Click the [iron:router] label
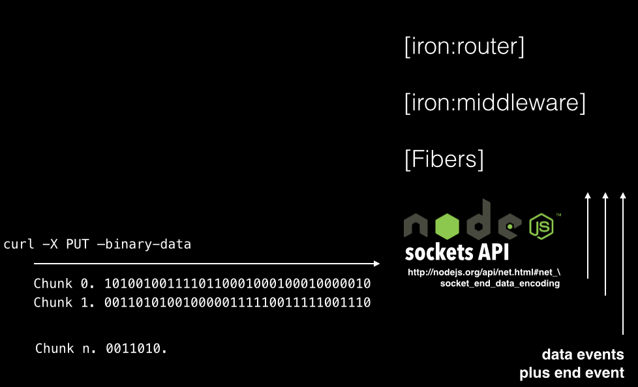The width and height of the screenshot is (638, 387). click(464, 48)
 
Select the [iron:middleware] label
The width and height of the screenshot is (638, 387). click(494, 103)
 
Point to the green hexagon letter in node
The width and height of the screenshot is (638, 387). click(447, 226)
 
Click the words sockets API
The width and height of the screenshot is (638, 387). click(457, 252)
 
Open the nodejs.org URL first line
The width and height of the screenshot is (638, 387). click(483, 273)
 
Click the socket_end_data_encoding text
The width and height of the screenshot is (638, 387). click(500, 283)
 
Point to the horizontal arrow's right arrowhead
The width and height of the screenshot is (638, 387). click(376, 264)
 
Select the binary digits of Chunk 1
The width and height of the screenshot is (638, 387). click(237, 303)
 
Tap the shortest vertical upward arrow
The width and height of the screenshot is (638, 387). click(588, 235)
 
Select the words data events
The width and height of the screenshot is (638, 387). click(583, 355)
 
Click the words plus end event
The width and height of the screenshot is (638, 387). click(571, 373)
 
